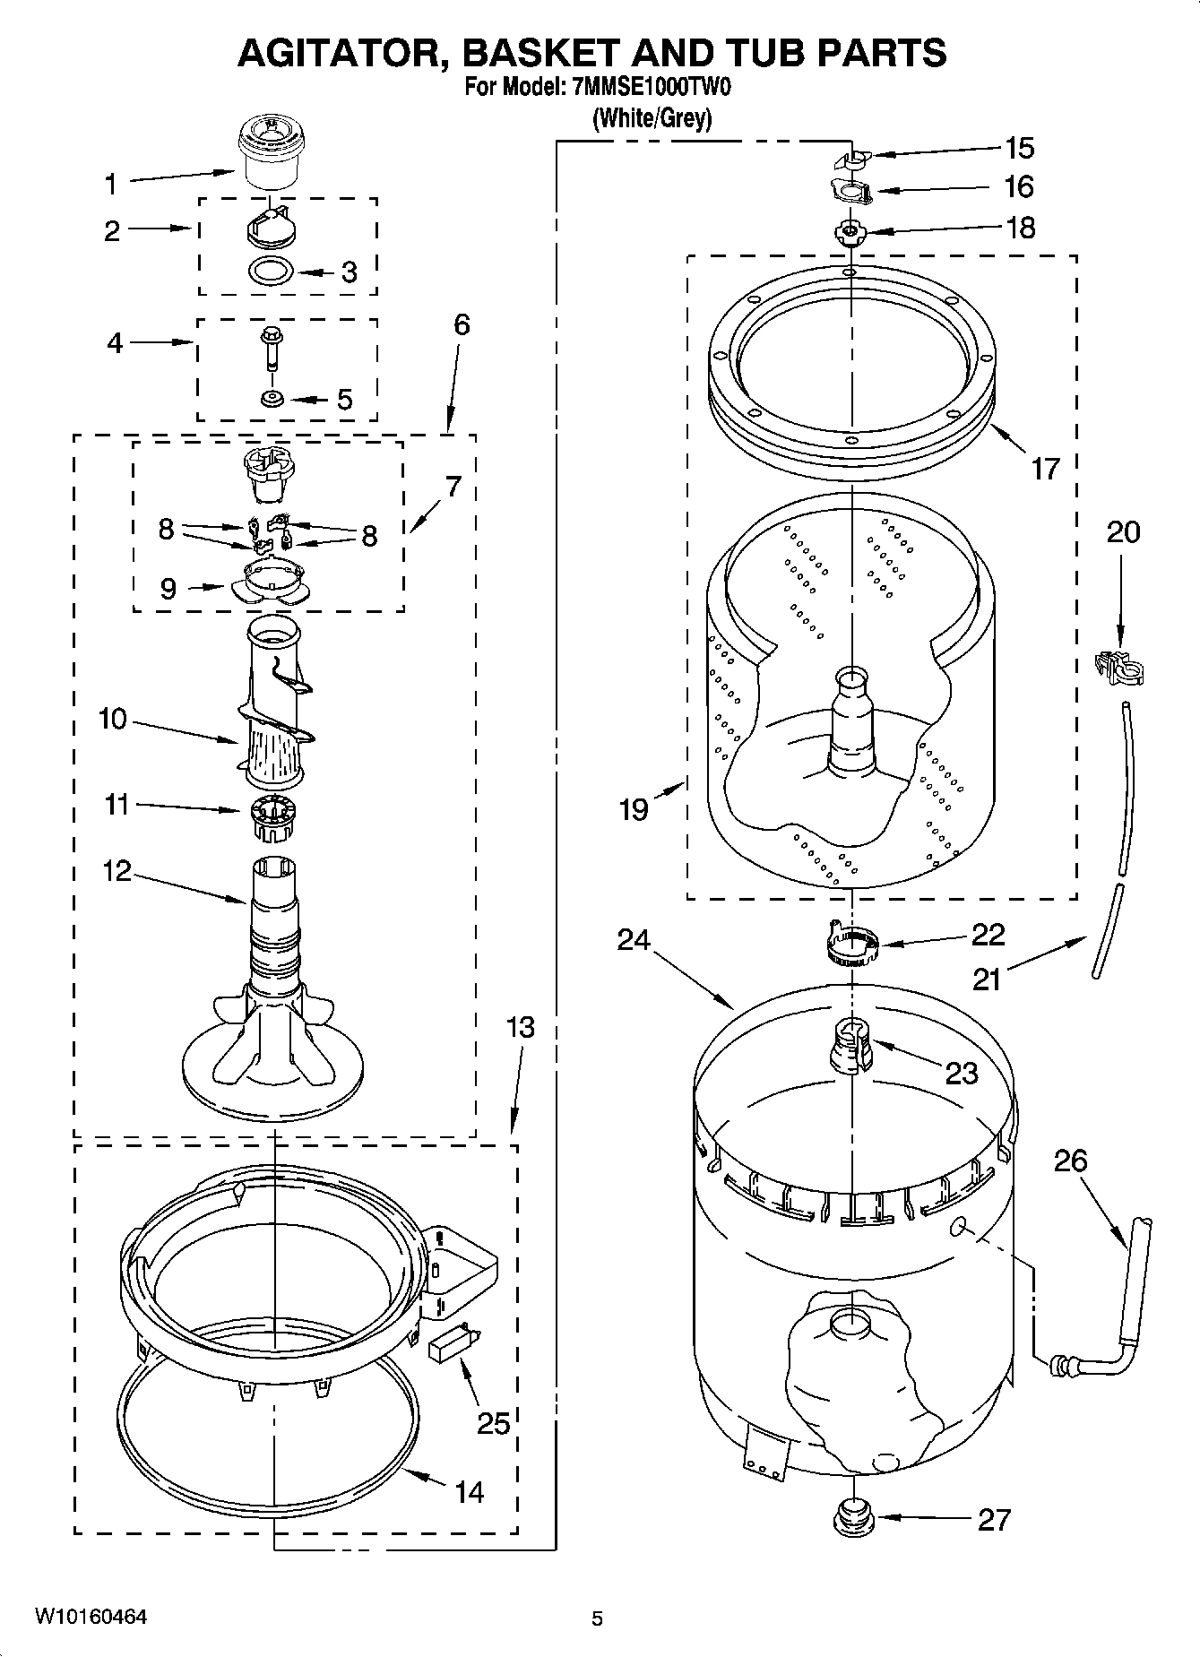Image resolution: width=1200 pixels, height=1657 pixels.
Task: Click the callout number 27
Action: click(994, 1519)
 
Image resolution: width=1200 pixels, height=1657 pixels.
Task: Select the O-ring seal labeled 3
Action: click(271, 269)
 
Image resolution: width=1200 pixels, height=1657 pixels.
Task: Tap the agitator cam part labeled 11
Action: click(270, 818)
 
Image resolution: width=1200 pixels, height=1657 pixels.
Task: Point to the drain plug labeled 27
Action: click(850, 1515)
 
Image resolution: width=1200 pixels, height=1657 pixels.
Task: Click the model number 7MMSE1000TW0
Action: click(650, 89)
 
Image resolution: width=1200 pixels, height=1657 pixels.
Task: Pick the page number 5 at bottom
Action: click(597, 1618)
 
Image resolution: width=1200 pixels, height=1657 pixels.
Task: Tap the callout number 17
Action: click(1045, 468)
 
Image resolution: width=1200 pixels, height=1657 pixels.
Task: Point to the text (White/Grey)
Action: click(652, 118)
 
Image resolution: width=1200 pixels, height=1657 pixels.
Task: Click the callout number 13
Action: click(520, 1027)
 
